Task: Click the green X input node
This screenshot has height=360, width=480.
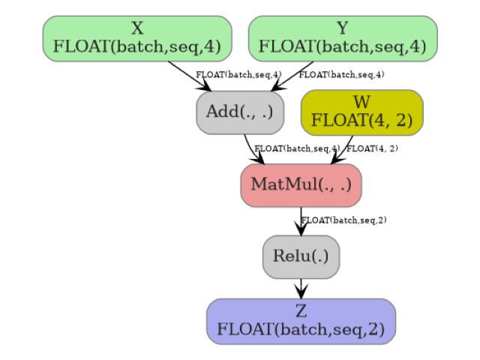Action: click(137, 38)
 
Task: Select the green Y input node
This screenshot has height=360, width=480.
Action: click(343, 38)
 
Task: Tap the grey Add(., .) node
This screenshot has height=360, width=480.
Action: click(240, 112)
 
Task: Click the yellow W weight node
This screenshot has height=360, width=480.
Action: click(362, 112)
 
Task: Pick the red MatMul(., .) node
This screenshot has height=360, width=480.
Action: click(301, 184)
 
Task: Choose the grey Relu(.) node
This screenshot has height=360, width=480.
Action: click(301, 256)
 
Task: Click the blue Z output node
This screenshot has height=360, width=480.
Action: click(301, 321)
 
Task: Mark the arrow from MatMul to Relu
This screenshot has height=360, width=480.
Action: click(301, 221)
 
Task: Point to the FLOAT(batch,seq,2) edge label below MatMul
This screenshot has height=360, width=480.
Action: click(343, 220)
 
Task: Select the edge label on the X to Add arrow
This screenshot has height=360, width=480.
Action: click(238, 75)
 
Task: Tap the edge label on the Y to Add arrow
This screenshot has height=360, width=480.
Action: click(341, 75)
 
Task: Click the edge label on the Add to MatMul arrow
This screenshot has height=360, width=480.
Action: click(297, 148)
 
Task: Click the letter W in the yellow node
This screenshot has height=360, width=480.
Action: click(362, 103)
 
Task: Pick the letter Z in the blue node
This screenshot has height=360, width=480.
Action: click(301, 312)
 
